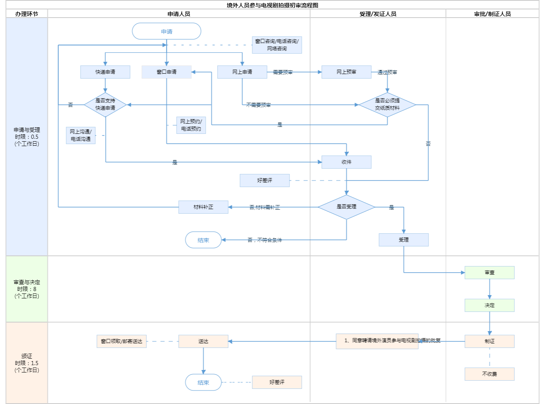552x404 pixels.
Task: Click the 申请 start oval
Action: pyautogui.click(x=166, y=32)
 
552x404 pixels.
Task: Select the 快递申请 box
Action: pyautogui.click(x=105, y=72)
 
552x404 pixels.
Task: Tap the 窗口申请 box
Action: pyautogui.click(x=166, y=72)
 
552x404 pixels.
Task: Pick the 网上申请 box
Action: pyautogui.click(x=242, y=72)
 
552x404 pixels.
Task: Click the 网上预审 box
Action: pyautogui.click(x=346, y=72)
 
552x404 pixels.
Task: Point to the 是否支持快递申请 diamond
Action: pyautogui.click(x=105, y=104)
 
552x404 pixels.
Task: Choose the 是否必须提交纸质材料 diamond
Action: pyautogui.click(x=387, y=104)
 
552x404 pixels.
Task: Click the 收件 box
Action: pyautogui.click(x=346, y=162)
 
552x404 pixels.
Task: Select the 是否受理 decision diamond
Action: pyautogui.click(x=346, y=207)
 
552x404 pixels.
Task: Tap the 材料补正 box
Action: pyautogui.click(x=203, y=207)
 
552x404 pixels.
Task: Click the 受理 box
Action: pyautogui.click(x=404, y=240)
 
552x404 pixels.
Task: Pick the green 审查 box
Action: pyautogui.click(x=489, y=273)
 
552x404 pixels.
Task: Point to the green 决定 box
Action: pyautogui.click(x=489, y=305)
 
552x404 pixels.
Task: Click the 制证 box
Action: pyautogui.click(x=489, y=341)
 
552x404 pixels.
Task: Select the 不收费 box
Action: pyautogui.click(x=489, y=374)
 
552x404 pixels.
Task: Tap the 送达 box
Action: pyautogui.click(x=203, y=341)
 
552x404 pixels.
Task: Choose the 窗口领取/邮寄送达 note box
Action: pyautogui.click(x=121, y=341)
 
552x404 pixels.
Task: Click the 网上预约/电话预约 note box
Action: pyautogui.click(x=191, y=125)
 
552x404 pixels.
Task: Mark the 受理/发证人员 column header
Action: pyautogui.click(x=378, y=14)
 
